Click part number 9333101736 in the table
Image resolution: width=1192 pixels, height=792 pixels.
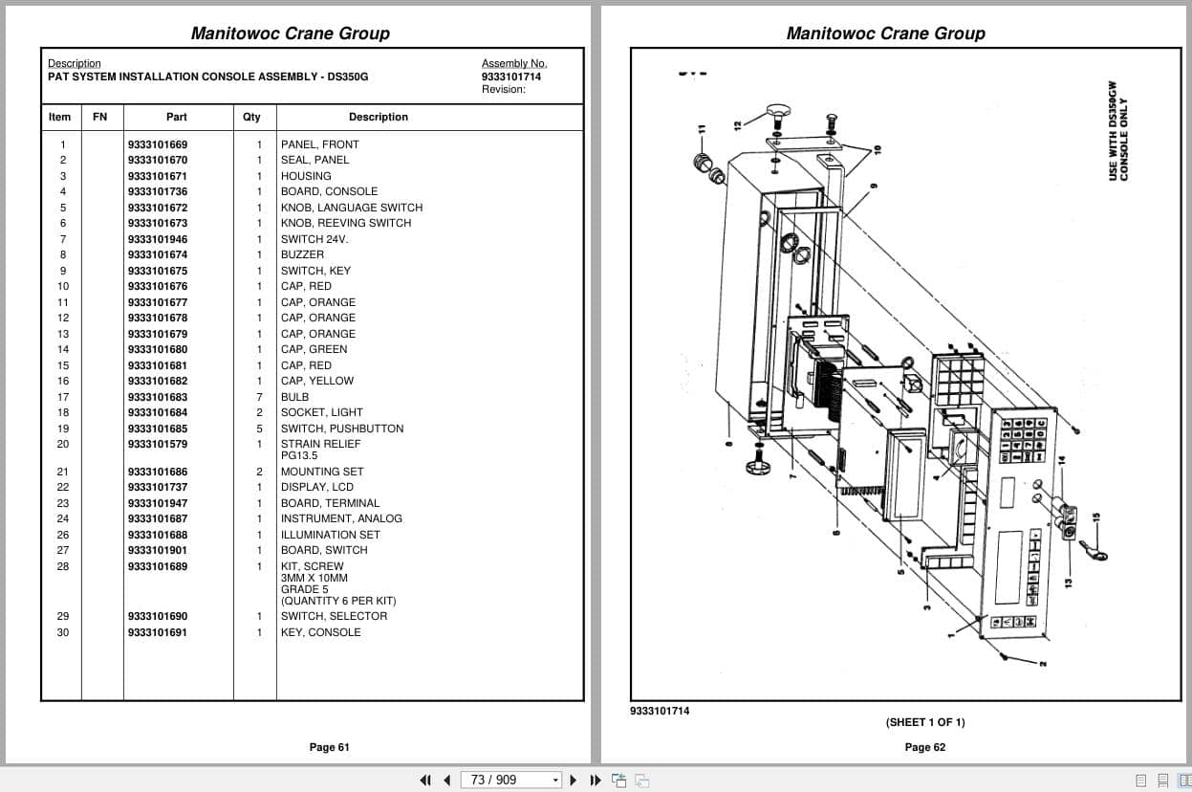point(158,191)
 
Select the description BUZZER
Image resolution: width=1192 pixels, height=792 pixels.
point(302,254)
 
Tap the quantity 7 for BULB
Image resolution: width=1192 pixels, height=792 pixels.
point(259,397)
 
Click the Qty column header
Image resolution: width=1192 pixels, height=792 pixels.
point(251,117)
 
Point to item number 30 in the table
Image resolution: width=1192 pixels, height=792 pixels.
point(63,632)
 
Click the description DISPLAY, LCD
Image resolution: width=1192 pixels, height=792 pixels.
point(316,487)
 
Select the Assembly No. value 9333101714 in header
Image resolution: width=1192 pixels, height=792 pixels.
point(511,77)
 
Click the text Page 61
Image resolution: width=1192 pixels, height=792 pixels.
point(329,747)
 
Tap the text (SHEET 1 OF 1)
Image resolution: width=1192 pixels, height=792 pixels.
point(924,722)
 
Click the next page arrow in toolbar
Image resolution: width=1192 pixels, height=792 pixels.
point(574,780)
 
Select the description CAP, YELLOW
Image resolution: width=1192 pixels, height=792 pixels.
point(316,381)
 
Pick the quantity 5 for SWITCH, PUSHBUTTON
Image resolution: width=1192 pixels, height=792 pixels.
point(259,429)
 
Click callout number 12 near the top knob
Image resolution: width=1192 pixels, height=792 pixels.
point(737,124)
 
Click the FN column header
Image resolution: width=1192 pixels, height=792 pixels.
point(100,117)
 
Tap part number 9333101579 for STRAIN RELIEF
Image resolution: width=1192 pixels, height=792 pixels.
point(158,444)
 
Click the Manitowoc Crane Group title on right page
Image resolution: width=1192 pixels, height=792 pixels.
point(885,33)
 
